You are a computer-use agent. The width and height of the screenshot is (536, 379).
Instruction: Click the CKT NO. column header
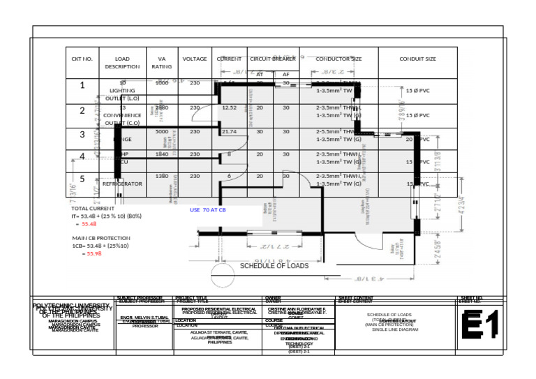pyautogui.click(x=82, y=59)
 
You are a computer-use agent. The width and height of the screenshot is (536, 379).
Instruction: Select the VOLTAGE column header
pyautogui.click(x=195, y=59)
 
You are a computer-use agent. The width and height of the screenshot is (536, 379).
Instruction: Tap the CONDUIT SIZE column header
pyautogui.click(x=417, y=59)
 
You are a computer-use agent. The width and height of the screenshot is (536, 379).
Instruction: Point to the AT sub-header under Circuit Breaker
pyautogui.click(x=260, y=74)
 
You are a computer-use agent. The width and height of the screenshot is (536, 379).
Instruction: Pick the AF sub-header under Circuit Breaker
pyautogui.click(x=285, y=74)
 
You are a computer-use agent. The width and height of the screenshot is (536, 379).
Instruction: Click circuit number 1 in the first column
pyautogui.click(x=82, y=86)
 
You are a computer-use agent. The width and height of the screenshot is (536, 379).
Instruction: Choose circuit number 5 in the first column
pyautogui.click(x=82, y=179)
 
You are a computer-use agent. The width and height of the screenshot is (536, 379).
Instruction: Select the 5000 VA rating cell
pyautogui.click(x=161, y=131)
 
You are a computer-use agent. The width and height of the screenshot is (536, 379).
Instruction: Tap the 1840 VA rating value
pyautogui.click(x=161, y=154)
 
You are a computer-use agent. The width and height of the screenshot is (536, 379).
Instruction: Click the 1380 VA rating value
pyautogui.click(x=161, y=177)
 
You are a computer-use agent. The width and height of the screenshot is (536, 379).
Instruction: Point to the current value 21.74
pyautogui.click(x=228, y=131)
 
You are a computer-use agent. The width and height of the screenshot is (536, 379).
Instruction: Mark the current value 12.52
pyautogui.click(x=228, y=108)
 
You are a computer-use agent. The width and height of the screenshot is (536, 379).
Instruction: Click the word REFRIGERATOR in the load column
pyautogui.click(x=122, y=184)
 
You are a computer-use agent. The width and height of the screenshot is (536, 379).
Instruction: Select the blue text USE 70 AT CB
pyautogui.click(x=207, y=209)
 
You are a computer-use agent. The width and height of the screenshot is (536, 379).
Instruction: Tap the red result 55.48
pyautogui.click(x=89, y=224)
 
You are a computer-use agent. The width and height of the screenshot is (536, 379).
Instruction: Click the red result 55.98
pyautogui.click(x=94, y=254)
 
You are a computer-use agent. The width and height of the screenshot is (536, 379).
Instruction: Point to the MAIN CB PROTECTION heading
pyautogui.click(x=101, y=238)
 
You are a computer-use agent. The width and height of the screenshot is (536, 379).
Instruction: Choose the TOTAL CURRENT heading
pyautogui.click(x=93, y=208)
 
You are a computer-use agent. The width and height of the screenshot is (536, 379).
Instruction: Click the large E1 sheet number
pyautogui.click(x=481, y=325)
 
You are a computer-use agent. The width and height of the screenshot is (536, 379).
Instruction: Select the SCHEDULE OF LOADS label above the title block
pyautogui.click(x=274, y=266)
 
